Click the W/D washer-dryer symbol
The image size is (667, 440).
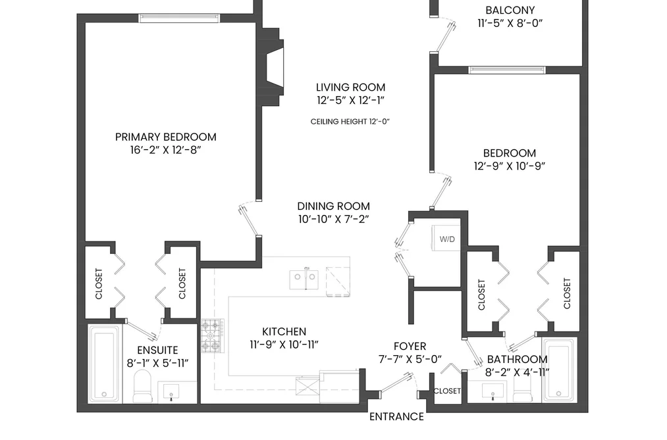click(446, 238)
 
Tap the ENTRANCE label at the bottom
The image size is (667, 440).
click(396, 416)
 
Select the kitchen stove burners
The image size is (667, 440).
click(213, 336)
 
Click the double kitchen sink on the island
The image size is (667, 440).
click(304, 279)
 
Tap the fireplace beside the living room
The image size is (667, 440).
click(273, 66)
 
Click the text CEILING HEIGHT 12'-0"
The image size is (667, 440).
click(350, 122)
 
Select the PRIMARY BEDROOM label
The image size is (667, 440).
click(166, 137)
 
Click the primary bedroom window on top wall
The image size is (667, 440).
click(179, 18)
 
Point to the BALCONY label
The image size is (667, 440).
click(510, 10)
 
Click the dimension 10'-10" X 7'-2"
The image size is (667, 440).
click(333, 219)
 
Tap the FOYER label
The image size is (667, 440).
click(410, 346)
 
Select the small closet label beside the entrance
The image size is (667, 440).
click(447, 391)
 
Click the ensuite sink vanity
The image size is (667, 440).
click(171, 391)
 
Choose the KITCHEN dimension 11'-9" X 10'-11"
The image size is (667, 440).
click(284, 345)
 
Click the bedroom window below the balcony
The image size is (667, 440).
click(506, 70)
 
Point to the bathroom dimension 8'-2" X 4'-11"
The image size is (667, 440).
click(518, 372)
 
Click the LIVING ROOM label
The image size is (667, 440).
click(350, 87)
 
